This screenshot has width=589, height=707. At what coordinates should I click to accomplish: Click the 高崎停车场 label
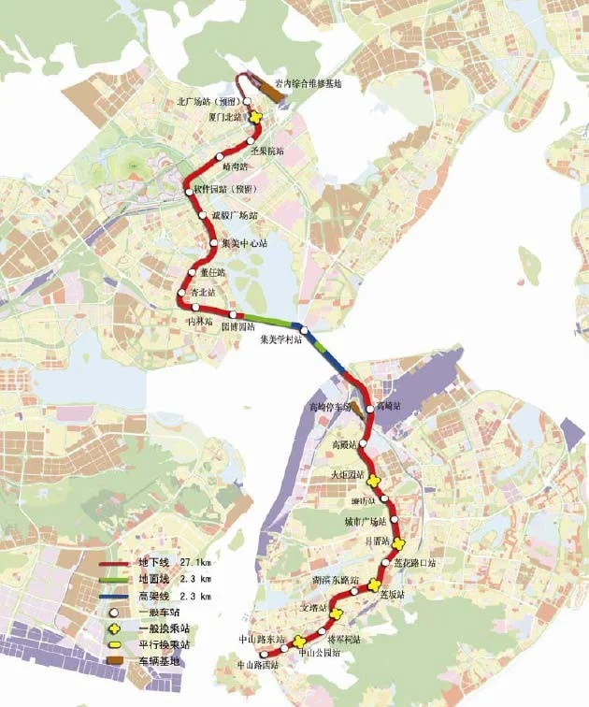[x=330, y=408]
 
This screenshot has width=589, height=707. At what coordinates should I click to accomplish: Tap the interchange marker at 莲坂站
[x=375, y=585]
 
